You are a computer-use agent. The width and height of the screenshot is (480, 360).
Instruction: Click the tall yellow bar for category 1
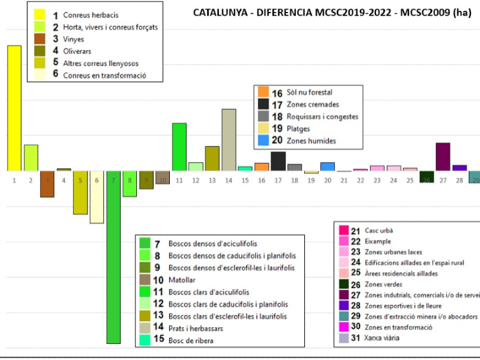tap(14, 108)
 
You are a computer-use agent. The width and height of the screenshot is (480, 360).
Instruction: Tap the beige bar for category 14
tap(229, 140)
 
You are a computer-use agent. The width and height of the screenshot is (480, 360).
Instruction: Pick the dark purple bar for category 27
tap(443, 157)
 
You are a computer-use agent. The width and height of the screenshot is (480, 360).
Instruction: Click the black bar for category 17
tap(278, 161)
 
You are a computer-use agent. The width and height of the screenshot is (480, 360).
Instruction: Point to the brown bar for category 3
tap(47, 184)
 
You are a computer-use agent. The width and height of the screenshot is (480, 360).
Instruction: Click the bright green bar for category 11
tap(179, 147)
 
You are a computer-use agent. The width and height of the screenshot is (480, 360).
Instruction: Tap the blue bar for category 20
tap(328, 167)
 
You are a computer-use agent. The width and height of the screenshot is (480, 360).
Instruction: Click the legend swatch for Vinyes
tap(40, 39)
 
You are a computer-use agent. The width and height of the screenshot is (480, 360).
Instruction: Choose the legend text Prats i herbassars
tap(197, 328)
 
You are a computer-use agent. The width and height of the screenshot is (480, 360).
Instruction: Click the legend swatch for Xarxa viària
tap(343, 338)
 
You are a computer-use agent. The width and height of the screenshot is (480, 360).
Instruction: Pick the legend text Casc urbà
tap(379, 230)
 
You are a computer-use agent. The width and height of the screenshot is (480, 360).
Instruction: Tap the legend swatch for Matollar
tap(145, 280)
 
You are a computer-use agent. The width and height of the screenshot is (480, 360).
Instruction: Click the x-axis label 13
tap(212, 180)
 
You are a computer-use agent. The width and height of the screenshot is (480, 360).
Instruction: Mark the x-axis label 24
tap(394, 180)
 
